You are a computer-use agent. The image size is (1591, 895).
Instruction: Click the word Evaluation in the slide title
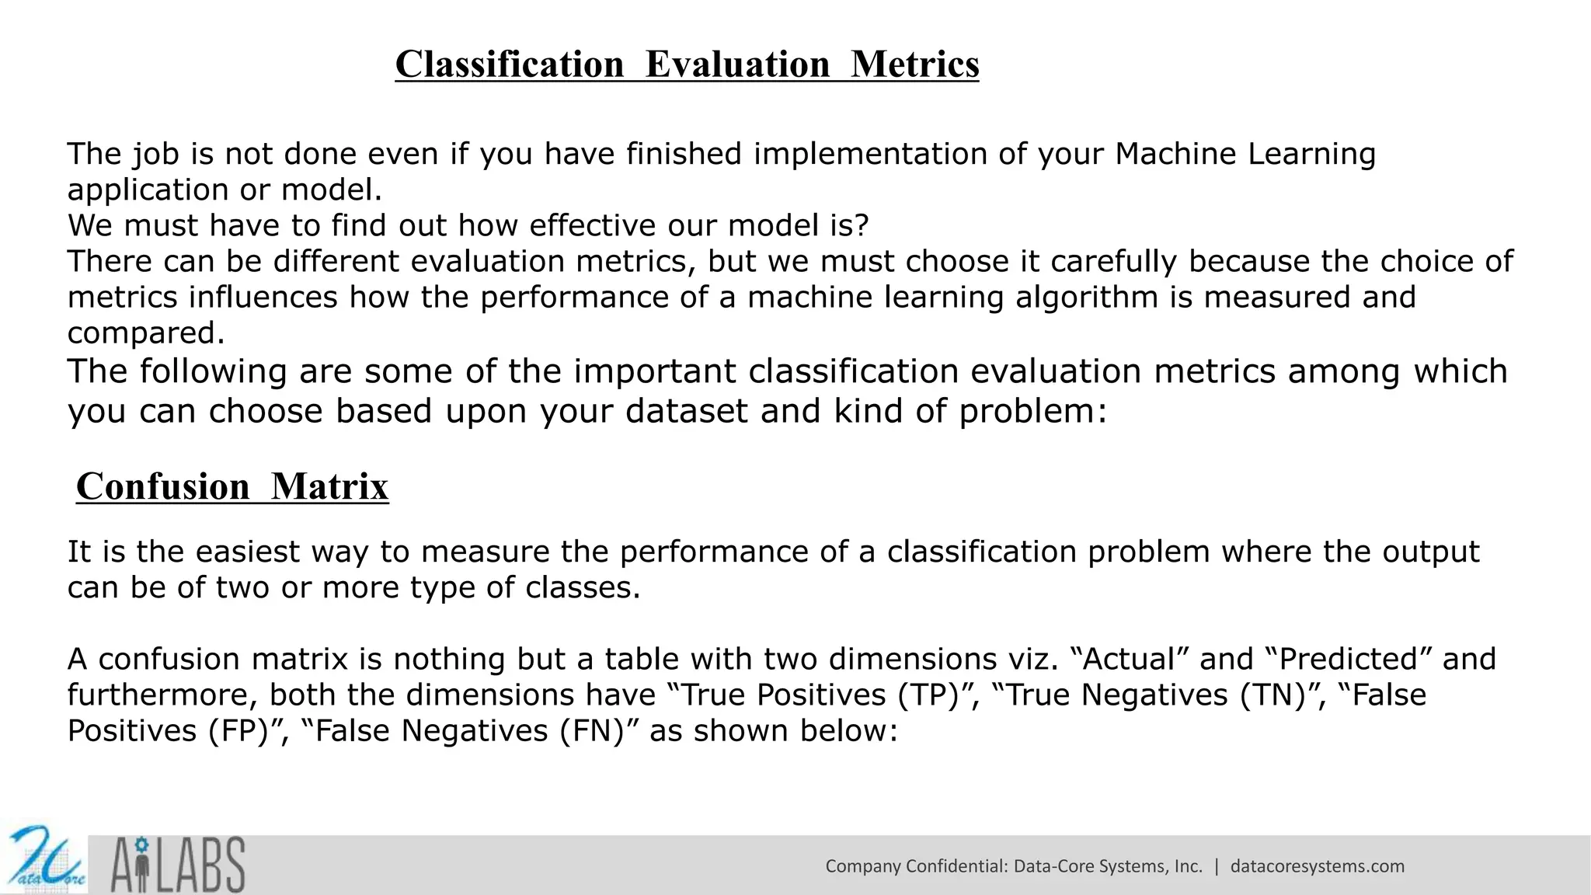pyautogui.click(x=737, y=64)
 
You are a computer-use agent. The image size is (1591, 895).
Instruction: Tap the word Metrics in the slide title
pyautogui.click(x=914, y=64)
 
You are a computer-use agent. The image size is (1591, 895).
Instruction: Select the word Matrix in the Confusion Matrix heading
pyautogui.click(x=329, y=487)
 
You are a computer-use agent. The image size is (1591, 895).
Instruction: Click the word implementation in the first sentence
pyautogui.click(x=870, y=154)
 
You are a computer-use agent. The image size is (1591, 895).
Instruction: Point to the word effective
pyautogui.click(x=587, y=225)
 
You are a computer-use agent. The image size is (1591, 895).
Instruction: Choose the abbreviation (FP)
pyautogui.click(x=238, y=731)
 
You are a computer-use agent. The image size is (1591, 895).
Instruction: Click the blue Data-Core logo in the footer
pyautogui.click(x=44, y=859)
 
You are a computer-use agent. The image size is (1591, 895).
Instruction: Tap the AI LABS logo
pyautogui.click(x=178, y=864)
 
